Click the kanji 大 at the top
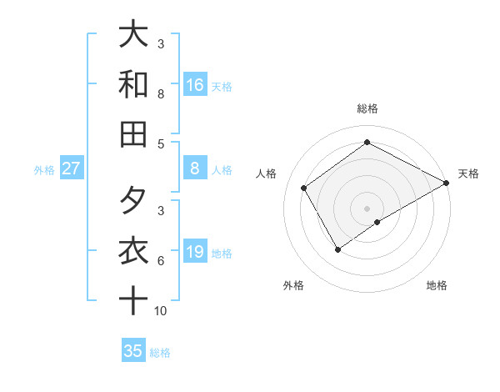pos(133,34)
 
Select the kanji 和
pos(133,84)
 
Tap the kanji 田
pos(133,134)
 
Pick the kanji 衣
pos(133,251)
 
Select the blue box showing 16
pos(195,85)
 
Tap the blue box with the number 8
pos(195,168)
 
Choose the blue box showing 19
pos(195,252)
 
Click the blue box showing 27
pos(72,168)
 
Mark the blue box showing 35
pos(133,351)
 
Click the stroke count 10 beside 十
pos(161,311)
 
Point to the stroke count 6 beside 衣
pos(161,261)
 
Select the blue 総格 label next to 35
pos(160,353)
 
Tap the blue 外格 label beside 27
pos(44,170)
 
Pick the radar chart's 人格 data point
pos(304,188)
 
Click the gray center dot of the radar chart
pos(367,209)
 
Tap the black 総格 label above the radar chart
pos(367,108)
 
